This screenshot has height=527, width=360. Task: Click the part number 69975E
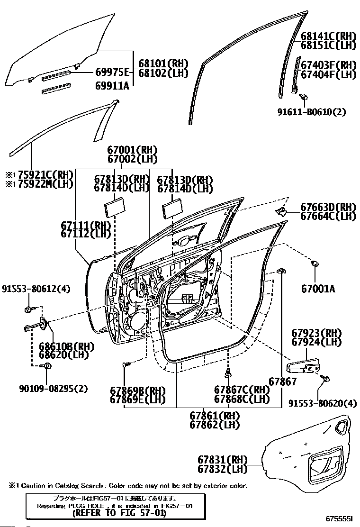[112, 72]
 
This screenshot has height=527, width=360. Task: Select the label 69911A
[112, 86]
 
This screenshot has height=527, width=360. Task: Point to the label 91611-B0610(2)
[318, 112]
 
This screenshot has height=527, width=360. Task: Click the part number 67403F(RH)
[328, 64]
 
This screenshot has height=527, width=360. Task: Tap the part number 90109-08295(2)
[53, 389]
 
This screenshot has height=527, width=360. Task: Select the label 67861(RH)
[215, 416]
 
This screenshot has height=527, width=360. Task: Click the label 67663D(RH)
[328, 207]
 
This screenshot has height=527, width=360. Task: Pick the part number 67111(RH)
[86, 225]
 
